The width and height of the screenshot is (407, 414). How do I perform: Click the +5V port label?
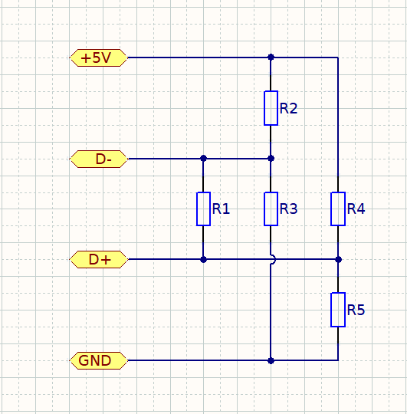tap(99, 58)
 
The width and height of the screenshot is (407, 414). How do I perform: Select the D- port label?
tap(99, 159)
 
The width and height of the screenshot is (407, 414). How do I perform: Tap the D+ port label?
tap(99, 260)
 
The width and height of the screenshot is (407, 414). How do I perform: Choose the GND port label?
tap(99, 360)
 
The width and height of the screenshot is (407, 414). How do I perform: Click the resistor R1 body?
tap(203, 209)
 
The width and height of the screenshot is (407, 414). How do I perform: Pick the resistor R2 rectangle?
tap(271, 108)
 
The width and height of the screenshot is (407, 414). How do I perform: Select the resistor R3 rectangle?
tap(271, 209)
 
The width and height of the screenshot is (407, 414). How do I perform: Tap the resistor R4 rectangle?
tap(338, 209)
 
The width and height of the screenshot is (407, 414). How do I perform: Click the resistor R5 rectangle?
tap(338, 310)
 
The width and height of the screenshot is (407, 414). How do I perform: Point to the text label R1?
tap(221, 209)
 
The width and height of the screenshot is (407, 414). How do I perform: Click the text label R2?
tap(288, 108)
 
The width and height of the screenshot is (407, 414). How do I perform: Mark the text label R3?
tap(288, 209)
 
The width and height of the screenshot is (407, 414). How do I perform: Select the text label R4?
tap(356, 209)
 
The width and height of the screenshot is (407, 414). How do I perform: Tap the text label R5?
tap(356, 310)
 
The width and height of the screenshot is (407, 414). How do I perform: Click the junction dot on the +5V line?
tap(271, 57)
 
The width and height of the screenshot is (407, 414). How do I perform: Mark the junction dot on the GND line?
tap(271, 360)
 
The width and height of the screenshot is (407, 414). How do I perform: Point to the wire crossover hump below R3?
tap(274, 260)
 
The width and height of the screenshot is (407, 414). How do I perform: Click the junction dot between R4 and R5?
tap(338, 260)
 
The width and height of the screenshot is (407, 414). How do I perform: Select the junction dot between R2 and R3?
tap(271, 159)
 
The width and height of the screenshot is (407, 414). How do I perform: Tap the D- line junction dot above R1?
tap(203, 159)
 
